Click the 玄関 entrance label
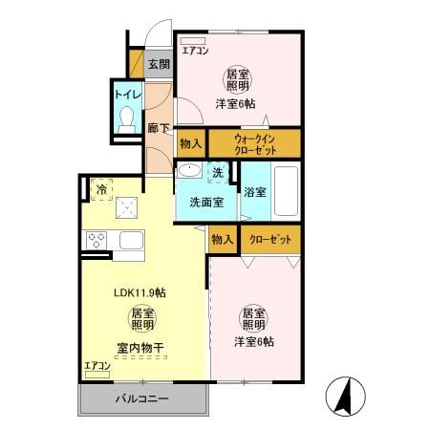(160, 65)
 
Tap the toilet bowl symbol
(127, 118)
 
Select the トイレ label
(127, 95)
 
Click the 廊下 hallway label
(159, 127)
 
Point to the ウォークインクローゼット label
(254, 144)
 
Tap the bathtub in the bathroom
(287, 191)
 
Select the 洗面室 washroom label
(205, 202)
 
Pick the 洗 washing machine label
(218, 173)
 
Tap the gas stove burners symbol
(97, 240)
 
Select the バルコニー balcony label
(142, 398)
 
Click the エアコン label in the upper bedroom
(194, 50)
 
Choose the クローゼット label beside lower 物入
(270, 239)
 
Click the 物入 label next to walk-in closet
(191, 144)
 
